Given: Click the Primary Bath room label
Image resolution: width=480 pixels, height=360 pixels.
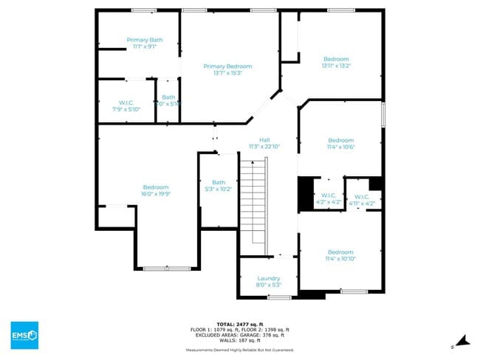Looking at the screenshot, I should [x=145, y=40].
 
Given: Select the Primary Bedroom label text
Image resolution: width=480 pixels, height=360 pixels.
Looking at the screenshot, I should [x=227, y=66].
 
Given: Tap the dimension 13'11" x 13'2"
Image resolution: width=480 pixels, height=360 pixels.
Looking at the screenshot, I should [x=337, y=66].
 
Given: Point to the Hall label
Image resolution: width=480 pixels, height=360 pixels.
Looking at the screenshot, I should [x=264, y=139].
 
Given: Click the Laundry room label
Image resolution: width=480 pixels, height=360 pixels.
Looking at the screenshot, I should [x=269, y=278].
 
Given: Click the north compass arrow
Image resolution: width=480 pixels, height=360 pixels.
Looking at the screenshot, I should [x=462, y=340].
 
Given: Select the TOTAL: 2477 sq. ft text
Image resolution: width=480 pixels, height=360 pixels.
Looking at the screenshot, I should [x=240, y=324].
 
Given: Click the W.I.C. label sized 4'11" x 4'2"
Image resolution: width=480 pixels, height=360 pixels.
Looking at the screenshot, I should [x=361, y=196].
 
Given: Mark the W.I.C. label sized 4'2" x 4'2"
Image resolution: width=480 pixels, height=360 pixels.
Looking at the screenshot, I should [x=328, y=195].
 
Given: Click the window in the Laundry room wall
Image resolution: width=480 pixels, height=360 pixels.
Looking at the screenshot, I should [x=279, y=297].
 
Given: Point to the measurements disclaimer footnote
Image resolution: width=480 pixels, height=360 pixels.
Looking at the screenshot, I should [x=240, y=350].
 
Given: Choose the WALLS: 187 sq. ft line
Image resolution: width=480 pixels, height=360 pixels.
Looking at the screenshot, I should [x=240, y=340].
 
